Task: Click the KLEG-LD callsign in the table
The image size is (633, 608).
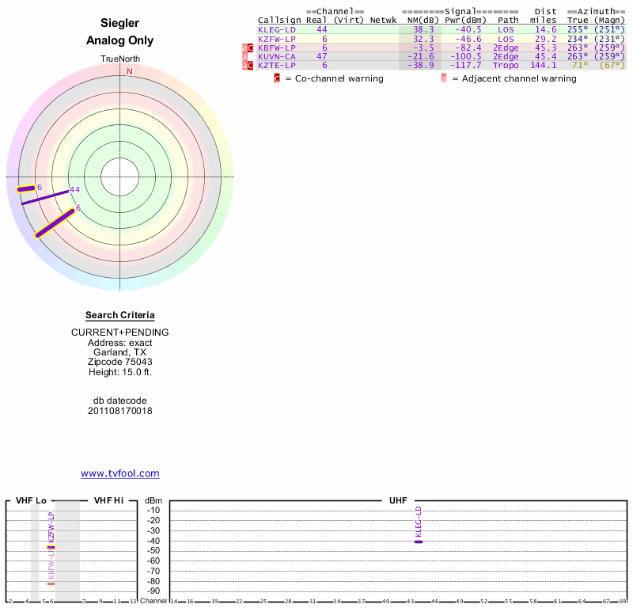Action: [277, 29]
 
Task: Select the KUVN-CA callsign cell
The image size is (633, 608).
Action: [277, 56]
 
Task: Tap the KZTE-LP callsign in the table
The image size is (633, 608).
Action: [277, 65]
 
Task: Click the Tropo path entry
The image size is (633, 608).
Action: [506, 65]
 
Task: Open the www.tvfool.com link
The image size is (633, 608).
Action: [120, 473]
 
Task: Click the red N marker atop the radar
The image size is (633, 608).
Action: [130, 71]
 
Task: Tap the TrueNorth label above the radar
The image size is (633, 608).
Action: [120, 59]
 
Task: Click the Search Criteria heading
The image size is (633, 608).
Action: [120, 315]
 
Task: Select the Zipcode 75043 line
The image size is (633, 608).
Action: [120, 362]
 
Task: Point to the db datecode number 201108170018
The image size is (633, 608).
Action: [120, 411]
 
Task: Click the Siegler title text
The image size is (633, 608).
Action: [120, 24]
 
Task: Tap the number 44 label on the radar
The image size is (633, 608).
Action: [75, 190]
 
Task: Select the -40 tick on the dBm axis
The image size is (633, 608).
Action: [154, 541]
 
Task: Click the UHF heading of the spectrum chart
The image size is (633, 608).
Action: [397, 501]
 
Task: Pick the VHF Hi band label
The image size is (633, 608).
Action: [108, 501]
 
